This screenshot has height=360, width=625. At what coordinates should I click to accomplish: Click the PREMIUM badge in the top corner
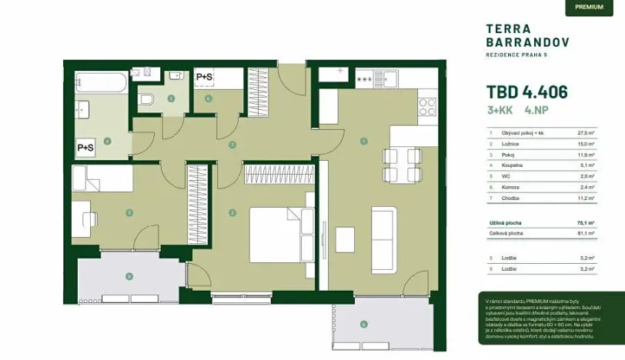(589, 8)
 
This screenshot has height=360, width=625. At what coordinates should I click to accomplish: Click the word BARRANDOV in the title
(527, 42)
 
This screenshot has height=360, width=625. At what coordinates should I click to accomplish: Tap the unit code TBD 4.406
(527, 92)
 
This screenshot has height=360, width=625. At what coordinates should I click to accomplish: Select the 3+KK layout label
(501, 110)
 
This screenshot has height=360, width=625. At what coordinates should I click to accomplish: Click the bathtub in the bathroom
(102, 83)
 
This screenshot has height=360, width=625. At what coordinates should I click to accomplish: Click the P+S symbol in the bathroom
(85, 147)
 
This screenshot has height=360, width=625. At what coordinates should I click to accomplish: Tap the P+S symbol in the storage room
(205, 77)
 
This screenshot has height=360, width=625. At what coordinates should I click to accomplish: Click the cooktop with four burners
(426, 108)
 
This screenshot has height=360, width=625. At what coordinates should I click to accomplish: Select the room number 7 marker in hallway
(232, 145)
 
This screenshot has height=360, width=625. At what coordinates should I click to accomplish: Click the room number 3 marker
(129, 212)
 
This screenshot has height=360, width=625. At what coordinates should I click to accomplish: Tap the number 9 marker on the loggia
(129, 276)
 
